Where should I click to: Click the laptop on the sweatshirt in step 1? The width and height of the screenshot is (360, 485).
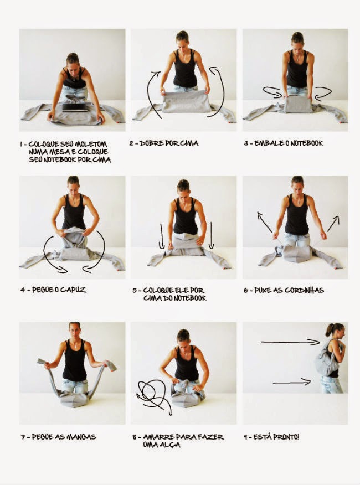[x=75, y=107]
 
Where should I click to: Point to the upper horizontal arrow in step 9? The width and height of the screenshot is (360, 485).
[x=290, y=342]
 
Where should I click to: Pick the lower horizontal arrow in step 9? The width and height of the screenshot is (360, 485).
[x=292, y=383]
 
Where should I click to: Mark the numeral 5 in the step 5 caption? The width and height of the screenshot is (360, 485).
[x=135, y=291]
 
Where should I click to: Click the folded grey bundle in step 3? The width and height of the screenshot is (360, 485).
[x=298, y=104]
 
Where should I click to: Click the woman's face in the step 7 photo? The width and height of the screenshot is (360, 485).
[x=75, y=331]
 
